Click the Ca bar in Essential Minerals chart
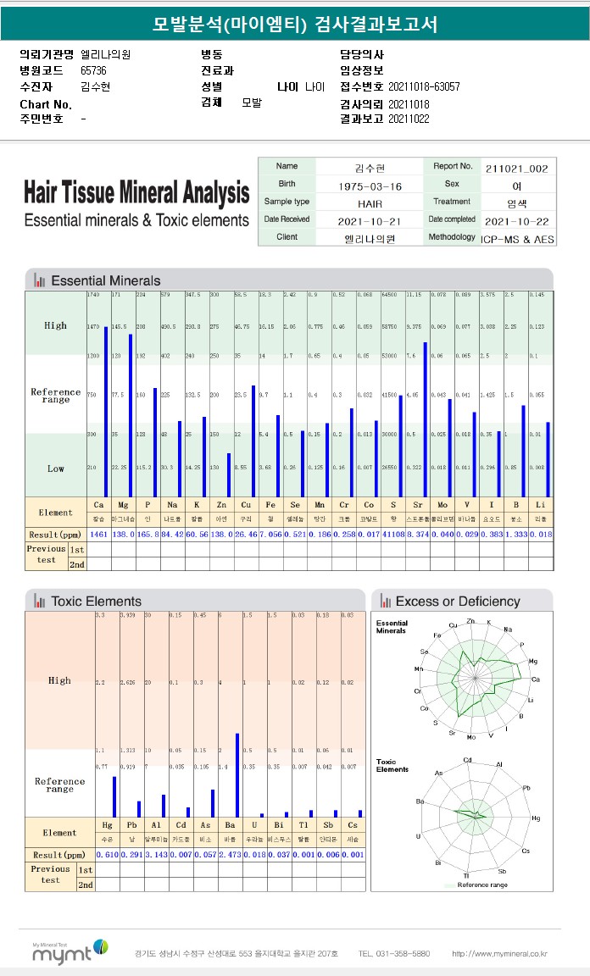click(106, 411)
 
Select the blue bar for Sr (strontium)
click(425, 419)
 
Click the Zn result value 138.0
click(221, 535)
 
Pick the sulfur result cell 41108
click(392, 535)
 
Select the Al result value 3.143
click(156, 854)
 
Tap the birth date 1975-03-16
click(370, 186)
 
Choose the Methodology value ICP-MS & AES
click(517, 239)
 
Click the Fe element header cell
click(264, 504)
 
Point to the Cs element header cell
click(353, 824)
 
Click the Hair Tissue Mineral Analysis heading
click(136, 193)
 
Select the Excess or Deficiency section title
click(457, 602)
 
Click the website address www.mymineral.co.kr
click(499, 953)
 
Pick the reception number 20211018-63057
click(424, 87)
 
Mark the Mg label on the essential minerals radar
click(532, 661)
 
